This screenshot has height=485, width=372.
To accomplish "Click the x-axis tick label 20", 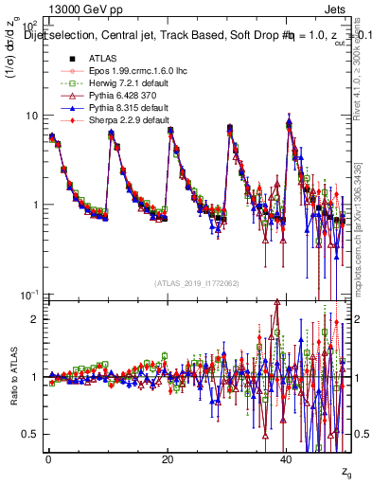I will tap(168, 458).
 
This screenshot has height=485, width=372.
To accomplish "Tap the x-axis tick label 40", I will tap(288, 458).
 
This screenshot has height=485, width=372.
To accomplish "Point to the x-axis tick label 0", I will tap(48, 458).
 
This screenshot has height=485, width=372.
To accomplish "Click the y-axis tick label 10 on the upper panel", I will tap(31, 116).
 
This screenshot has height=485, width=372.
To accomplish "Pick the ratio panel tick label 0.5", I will tap(31, 434).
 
